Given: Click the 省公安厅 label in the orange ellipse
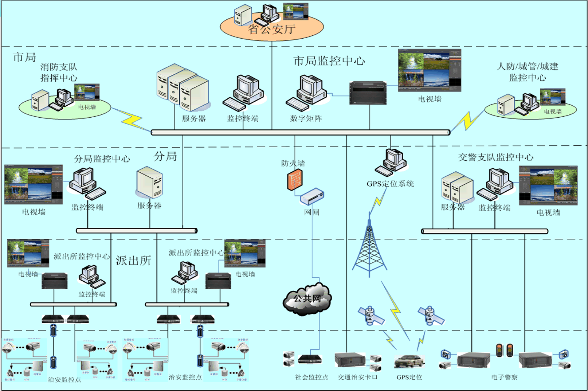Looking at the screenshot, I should coord(271,29).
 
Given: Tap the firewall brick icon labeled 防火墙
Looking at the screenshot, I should coord(295,180).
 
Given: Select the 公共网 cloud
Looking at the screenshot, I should coord(307,299).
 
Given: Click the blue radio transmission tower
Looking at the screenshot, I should coord(369,248).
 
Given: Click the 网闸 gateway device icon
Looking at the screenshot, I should coord(312,197).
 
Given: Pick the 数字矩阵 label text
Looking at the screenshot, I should coord(306,118).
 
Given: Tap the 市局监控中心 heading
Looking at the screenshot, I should coord(329,61).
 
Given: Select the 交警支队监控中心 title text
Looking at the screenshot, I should coord(495,157).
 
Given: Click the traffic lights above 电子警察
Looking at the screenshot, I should coord(505,350).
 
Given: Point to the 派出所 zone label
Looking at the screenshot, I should coord(133,261).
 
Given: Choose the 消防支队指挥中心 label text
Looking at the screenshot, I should coord(59,72).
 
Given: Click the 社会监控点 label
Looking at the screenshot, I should coord(311,377).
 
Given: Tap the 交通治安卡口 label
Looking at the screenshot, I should coord(357,377).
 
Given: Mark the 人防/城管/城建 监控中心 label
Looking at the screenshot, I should coord(527,72).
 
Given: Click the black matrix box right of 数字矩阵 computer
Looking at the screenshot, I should coord(368,93).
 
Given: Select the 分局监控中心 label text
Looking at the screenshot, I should coord(102,159).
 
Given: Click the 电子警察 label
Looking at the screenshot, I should coord(504,377).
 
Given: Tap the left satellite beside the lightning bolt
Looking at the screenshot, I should coord(371,316).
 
